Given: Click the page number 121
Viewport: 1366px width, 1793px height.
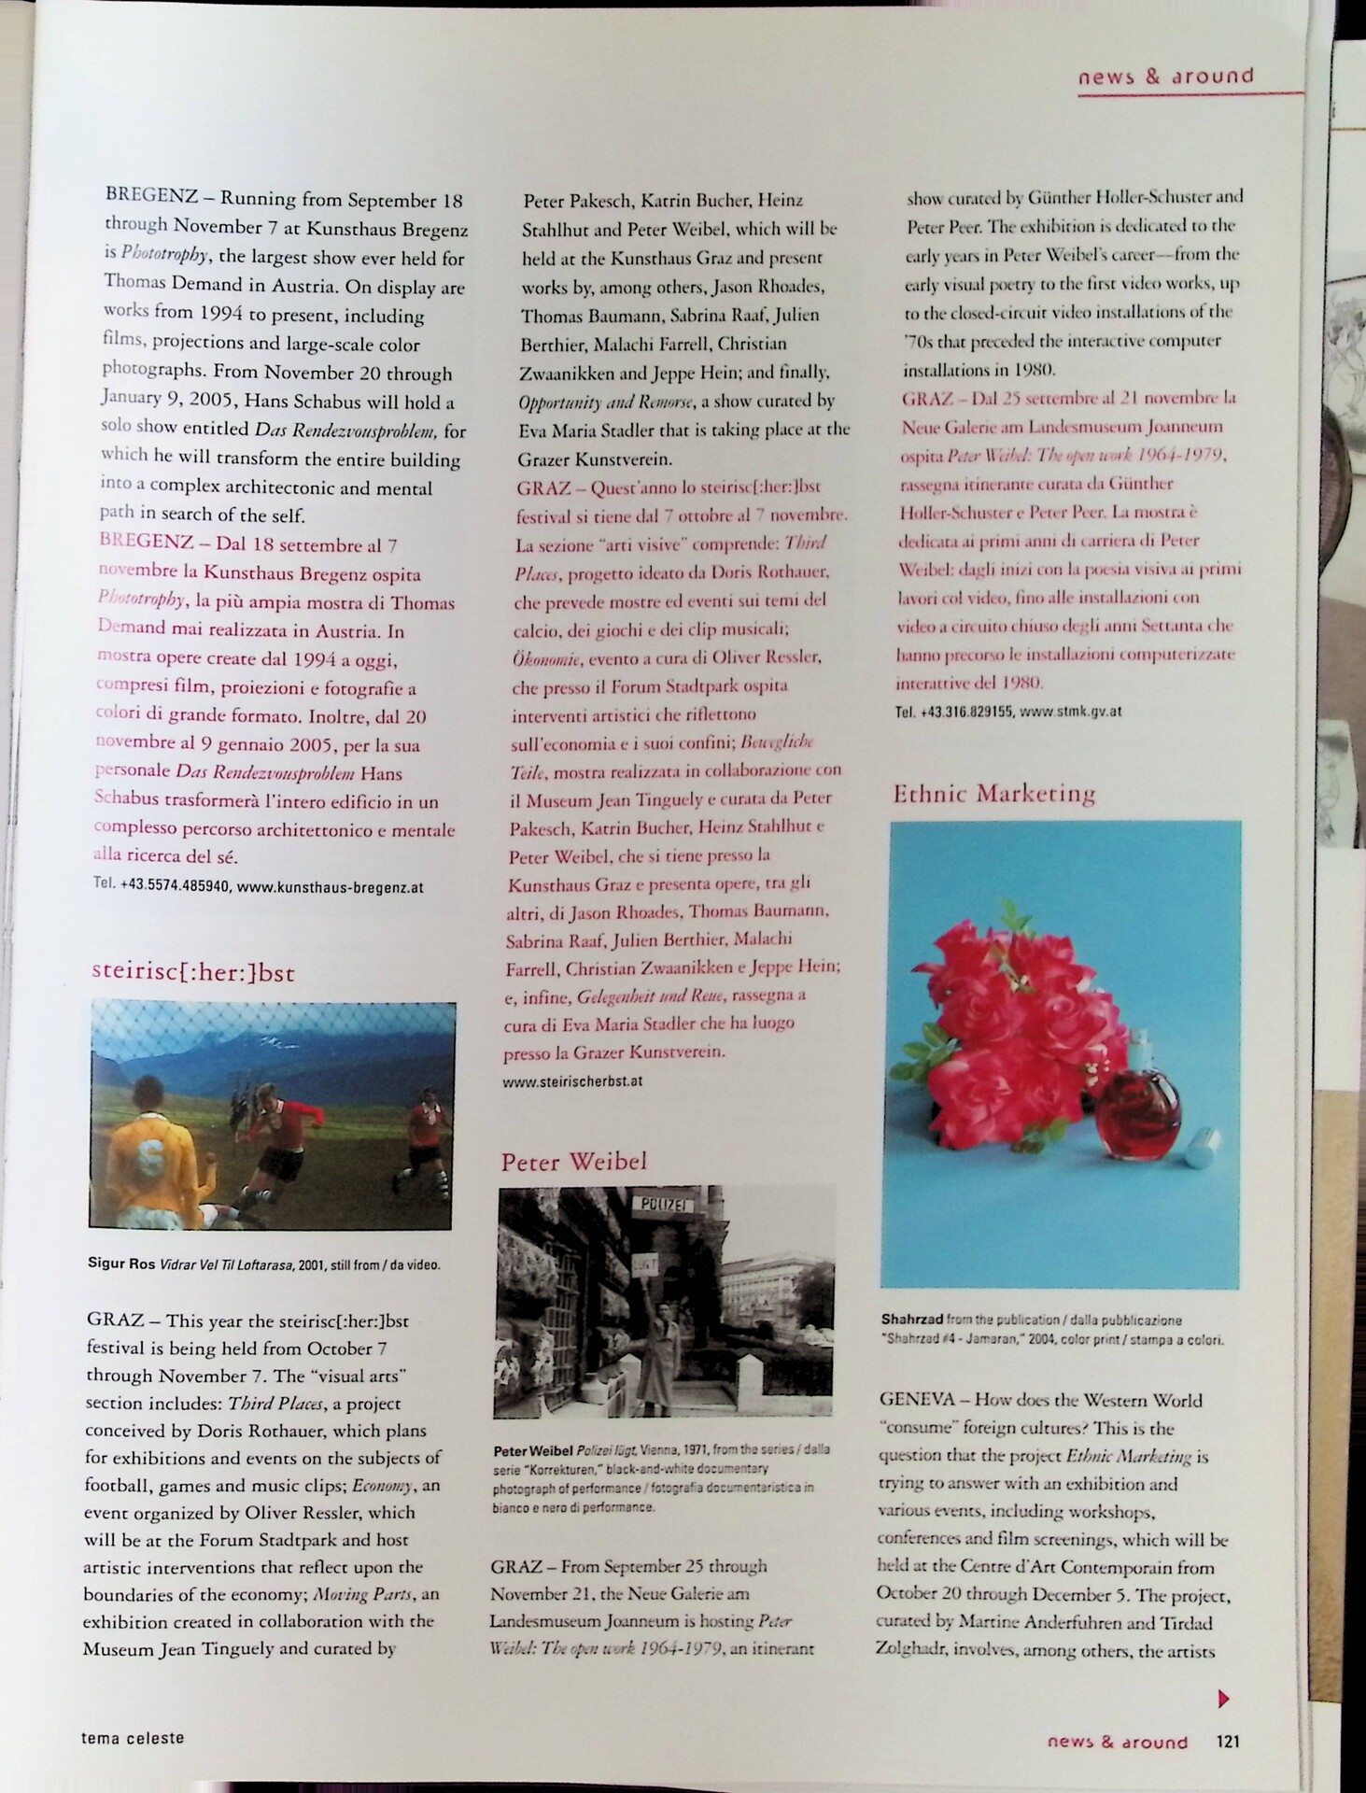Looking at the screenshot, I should coord(1227,1741).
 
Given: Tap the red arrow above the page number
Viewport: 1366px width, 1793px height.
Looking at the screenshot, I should coord(1224,1699).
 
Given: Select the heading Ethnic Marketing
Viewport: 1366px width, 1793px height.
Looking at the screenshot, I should coord(993,794).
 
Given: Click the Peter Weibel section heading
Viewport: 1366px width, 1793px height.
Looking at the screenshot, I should coord(573,1162).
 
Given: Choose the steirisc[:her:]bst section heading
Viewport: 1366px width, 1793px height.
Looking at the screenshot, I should coord(193,972).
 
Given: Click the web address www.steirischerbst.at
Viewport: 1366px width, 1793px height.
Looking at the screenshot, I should coord(572,1081).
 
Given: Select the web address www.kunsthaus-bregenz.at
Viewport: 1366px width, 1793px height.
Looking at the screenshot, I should coord(330,886).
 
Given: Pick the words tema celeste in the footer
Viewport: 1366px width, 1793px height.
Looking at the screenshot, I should coord(133,1738).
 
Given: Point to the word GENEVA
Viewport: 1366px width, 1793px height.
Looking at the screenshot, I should coord(917,1400).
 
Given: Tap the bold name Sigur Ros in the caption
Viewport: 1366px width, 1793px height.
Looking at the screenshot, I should coord(120,1264).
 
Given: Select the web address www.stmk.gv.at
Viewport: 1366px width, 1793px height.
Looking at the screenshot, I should coord(1070,711).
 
